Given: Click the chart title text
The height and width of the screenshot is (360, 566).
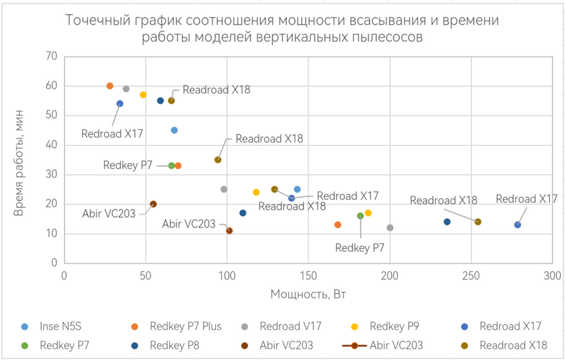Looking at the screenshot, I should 283,28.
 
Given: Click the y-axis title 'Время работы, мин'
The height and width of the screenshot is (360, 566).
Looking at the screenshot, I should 19,160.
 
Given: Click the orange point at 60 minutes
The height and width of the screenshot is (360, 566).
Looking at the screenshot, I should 110,86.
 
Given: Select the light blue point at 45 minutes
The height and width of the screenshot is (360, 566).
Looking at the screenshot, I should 174,131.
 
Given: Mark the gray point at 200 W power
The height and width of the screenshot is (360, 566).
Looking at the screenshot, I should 390,228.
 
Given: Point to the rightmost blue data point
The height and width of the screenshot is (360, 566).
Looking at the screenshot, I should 518,225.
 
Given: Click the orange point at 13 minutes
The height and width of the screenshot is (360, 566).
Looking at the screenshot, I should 337,225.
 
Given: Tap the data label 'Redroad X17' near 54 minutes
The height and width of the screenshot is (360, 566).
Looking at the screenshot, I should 112,134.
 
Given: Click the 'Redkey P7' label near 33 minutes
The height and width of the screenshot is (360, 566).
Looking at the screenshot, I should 127,165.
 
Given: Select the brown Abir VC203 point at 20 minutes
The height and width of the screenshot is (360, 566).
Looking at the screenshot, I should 153,204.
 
